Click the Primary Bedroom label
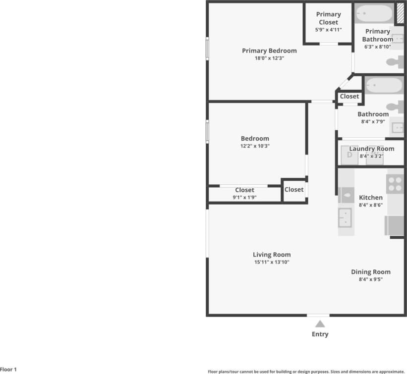point(269,51)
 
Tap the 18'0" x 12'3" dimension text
point(269,58)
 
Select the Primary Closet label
point(328,18)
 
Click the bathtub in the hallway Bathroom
point(384,85)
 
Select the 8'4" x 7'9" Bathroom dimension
point(373,121)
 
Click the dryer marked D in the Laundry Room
point(349,156)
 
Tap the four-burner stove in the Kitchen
point(395,185)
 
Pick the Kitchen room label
point(371,198)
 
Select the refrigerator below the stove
point(395,225)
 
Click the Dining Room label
point(371,272)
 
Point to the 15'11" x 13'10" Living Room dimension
point(272,262)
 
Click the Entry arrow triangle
point(320,324)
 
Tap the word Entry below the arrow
point(320,334)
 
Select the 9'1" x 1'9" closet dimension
point(244,197)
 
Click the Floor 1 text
point(8,370)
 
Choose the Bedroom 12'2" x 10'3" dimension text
point(255,146)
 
